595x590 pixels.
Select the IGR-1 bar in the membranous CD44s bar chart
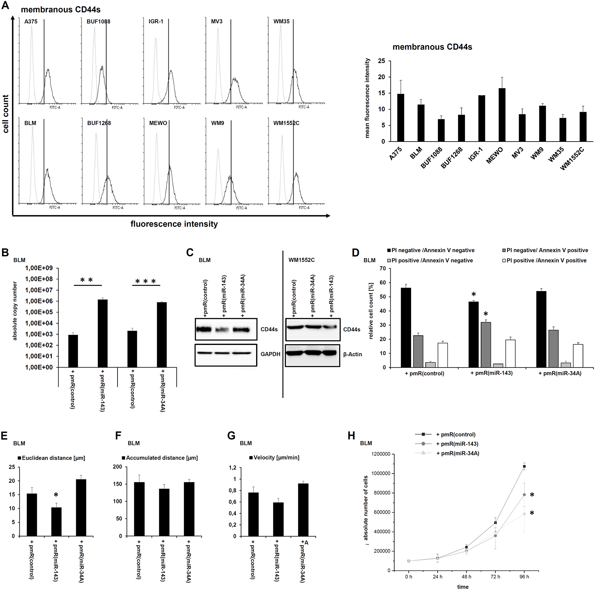482,118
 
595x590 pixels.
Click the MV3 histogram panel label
217,21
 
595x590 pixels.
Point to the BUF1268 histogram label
99,123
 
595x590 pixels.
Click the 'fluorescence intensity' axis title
174,224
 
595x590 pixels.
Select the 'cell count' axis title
6,114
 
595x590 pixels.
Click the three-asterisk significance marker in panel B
146,281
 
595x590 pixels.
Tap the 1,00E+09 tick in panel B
39,268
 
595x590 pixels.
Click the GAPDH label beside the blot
270,354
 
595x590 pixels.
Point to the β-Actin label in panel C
353,354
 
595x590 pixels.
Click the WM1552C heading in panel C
301,260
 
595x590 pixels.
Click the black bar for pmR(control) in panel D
405,328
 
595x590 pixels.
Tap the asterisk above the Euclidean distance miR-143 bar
56,495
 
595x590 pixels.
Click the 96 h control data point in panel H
524,467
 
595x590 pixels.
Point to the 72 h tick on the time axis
495,577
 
